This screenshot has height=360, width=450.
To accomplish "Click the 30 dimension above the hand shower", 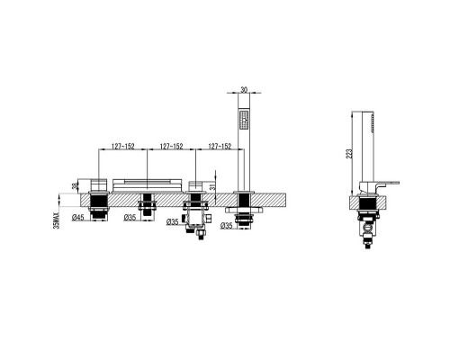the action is [244, 89].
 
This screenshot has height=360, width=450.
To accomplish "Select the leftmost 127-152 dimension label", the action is [123, 146].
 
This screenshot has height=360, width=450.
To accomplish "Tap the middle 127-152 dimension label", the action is [171, 146].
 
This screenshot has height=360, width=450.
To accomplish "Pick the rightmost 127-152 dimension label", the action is [220, 146].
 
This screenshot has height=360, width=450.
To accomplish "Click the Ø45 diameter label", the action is [77, 218].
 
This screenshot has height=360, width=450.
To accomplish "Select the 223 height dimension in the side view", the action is [349, 153].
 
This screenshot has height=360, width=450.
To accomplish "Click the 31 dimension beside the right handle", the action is [212, 187].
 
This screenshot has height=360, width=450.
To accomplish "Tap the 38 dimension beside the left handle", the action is [74, 186].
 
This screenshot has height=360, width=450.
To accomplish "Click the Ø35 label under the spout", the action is [130, 218].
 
